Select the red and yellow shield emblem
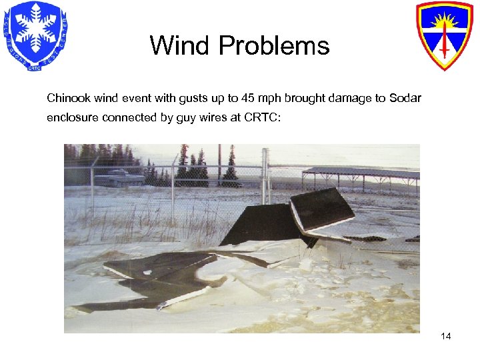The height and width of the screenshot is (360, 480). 445,34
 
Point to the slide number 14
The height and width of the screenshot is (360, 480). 446,336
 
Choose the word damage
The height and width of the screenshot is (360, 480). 349,99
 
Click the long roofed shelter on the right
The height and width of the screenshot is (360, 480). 360,177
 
